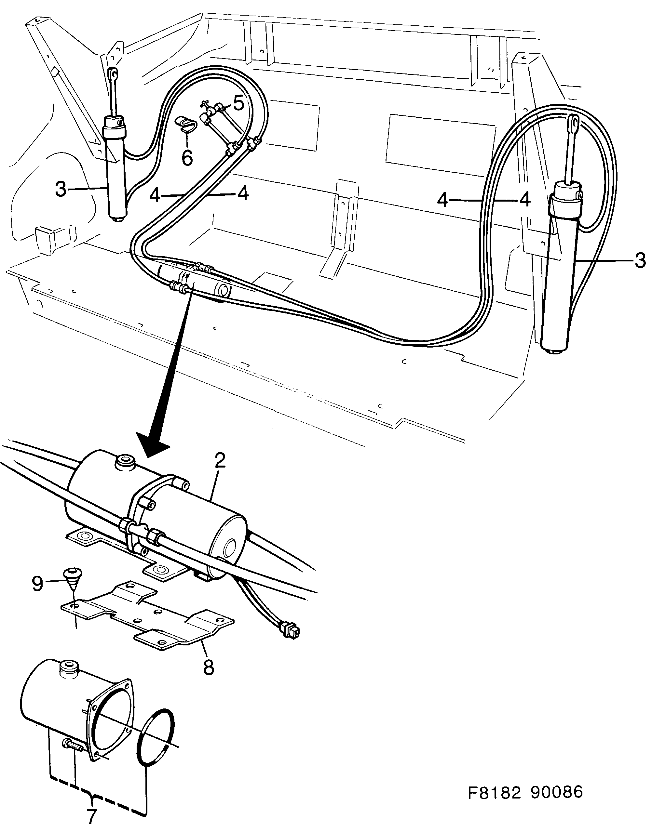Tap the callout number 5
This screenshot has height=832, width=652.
tap(238, 103)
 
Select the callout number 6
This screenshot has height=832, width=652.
tap(187, 158)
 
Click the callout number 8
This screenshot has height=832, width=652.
tap(209, 667)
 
